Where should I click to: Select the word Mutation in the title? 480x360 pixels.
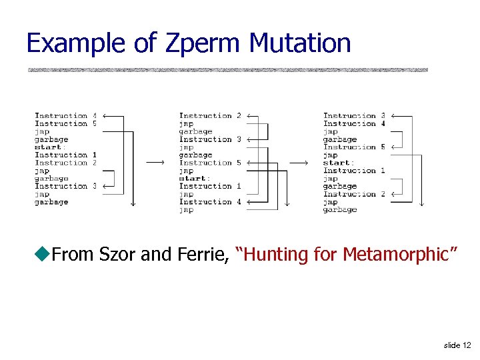[x=299, y=43]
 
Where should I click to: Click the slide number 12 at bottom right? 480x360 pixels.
[x=457, y=345]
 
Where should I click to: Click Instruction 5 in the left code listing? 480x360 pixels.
[x=65, y=123]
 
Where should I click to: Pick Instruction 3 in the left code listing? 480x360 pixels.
[x=65, y=186]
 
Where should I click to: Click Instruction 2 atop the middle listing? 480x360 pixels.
[x=210, y=115]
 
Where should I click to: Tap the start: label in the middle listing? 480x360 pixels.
[x=194, y=178]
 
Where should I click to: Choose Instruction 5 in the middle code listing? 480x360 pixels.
[x=210, y=163]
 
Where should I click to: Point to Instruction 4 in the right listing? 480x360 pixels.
[x=354, y=123]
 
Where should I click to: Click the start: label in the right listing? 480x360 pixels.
[x=338, y=163]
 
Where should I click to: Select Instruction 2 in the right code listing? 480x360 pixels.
[x=354, y=194]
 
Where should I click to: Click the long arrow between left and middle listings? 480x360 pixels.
[x=155, y=163]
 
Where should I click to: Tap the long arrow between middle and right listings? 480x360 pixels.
[x=299, y=163]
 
